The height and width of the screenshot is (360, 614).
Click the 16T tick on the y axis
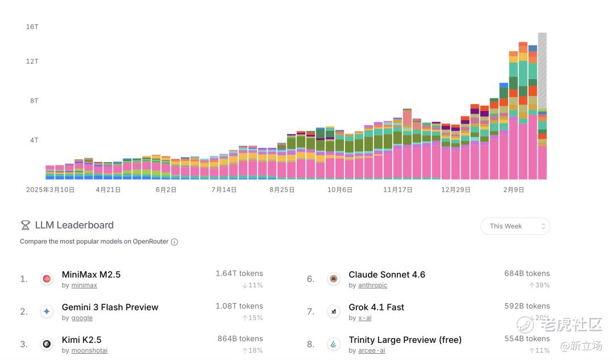point(32,27)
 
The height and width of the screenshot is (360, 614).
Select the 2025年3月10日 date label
point(50,190)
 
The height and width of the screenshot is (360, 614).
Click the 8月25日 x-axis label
point(282,190)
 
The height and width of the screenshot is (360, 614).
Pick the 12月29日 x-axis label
point(455,190)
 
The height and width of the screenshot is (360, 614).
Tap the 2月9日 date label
point(513,190)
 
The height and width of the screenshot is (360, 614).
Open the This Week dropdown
point(515,226)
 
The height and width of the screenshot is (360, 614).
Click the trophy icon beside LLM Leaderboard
point(25,225)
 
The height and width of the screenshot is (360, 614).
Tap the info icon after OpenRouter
point(175,242)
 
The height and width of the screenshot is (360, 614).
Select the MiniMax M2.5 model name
point(91,275)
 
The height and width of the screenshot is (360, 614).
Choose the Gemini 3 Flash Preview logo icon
point(47,311)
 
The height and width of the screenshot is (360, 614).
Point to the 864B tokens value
point(240,338)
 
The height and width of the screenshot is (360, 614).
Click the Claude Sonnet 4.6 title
point(387,275)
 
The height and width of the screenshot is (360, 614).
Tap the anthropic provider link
point(372,285)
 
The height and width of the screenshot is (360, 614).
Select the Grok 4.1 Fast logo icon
point(334,311)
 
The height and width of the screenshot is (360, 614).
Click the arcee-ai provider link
point(371,351)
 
